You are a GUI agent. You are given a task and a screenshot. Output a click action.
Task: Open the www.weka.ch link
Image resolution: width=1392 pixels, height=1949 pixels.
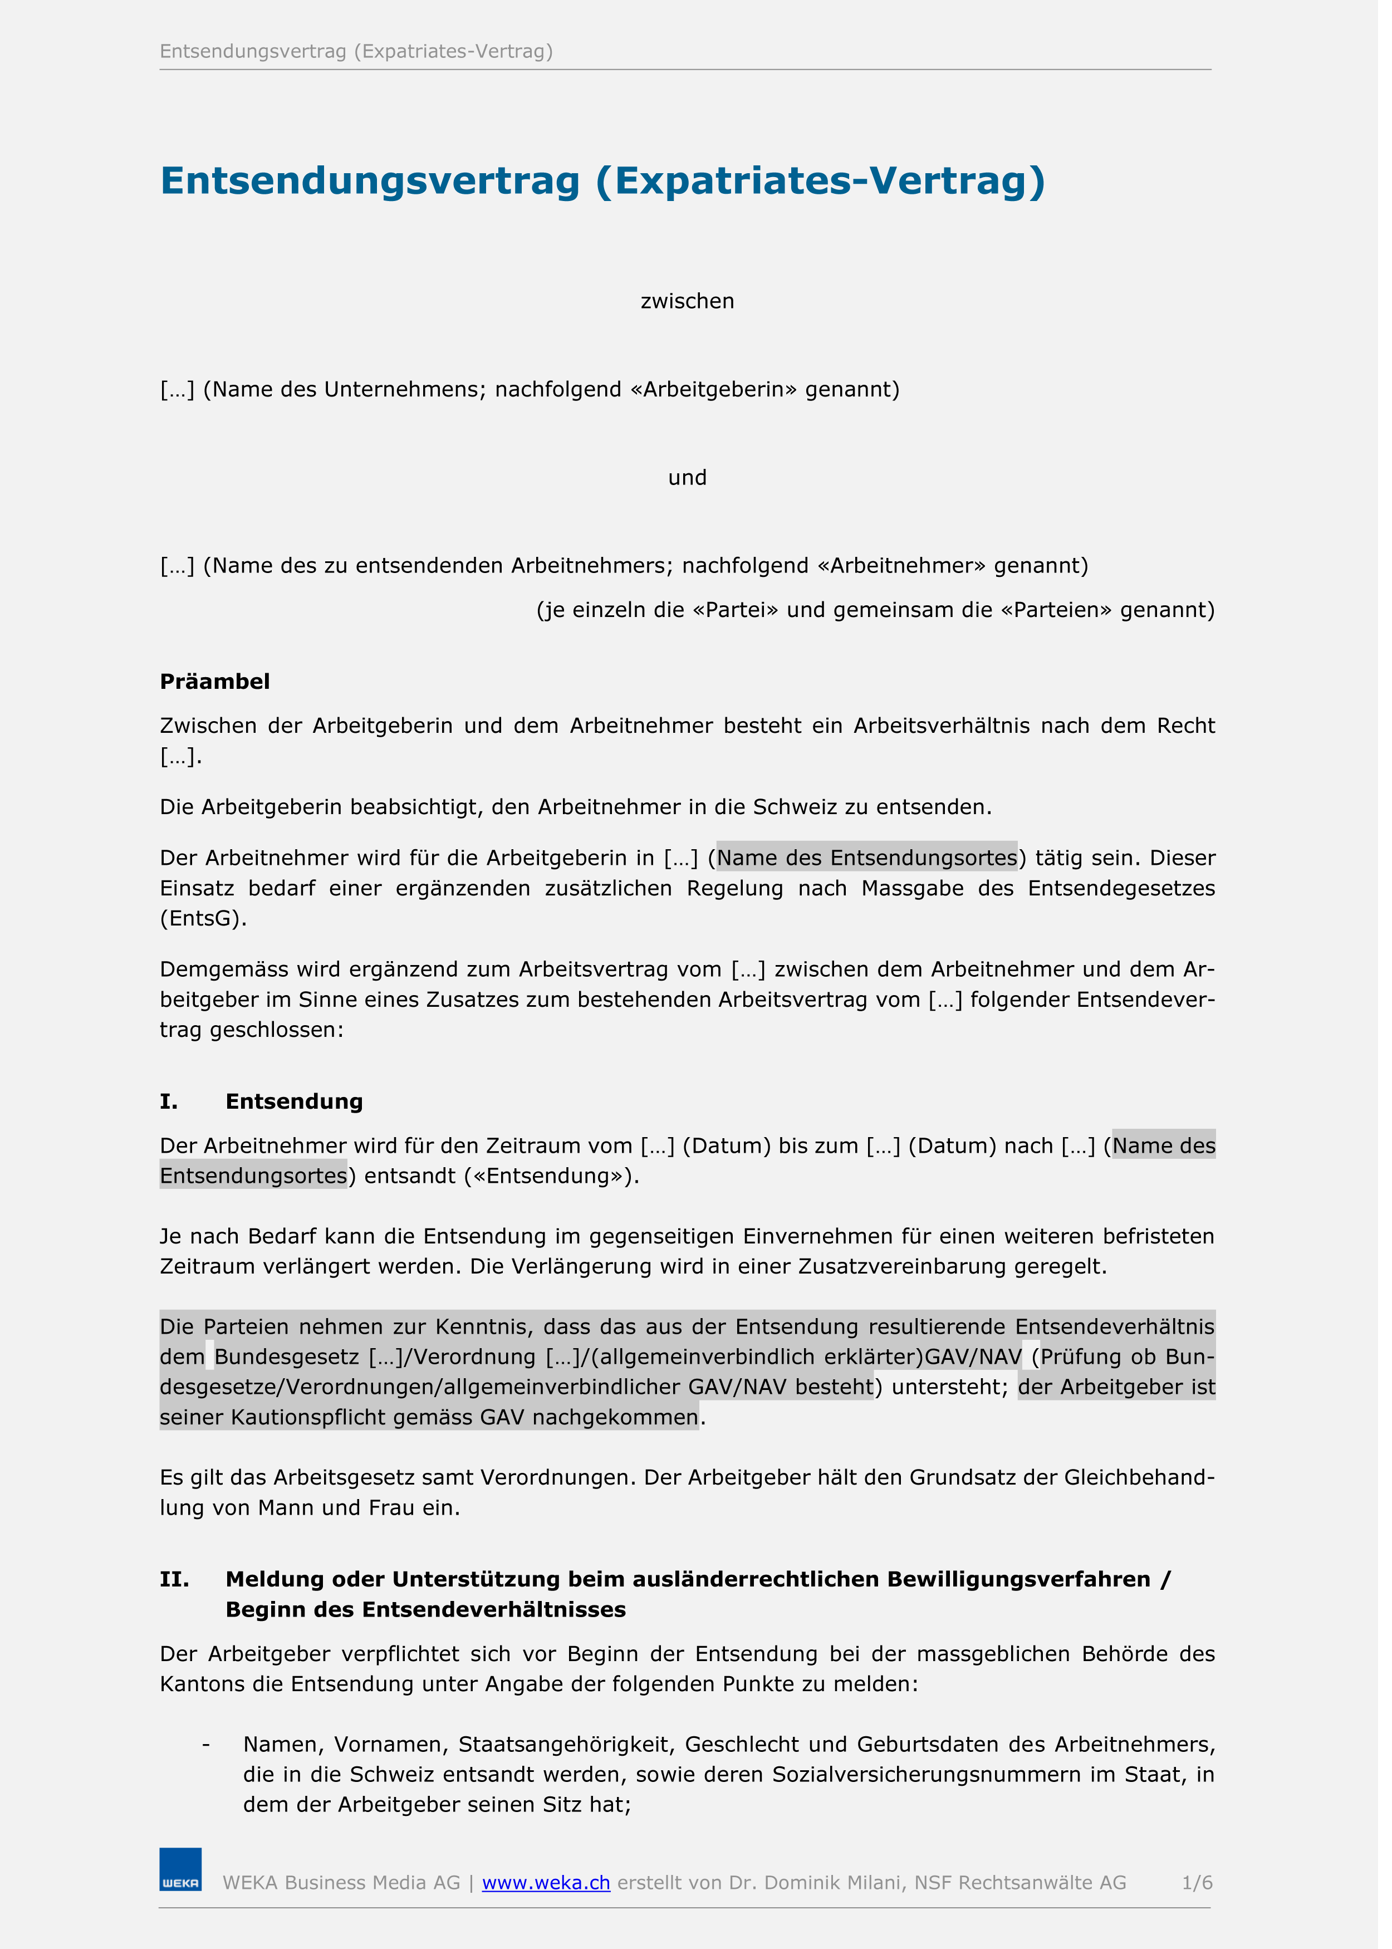(551, 1883)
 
